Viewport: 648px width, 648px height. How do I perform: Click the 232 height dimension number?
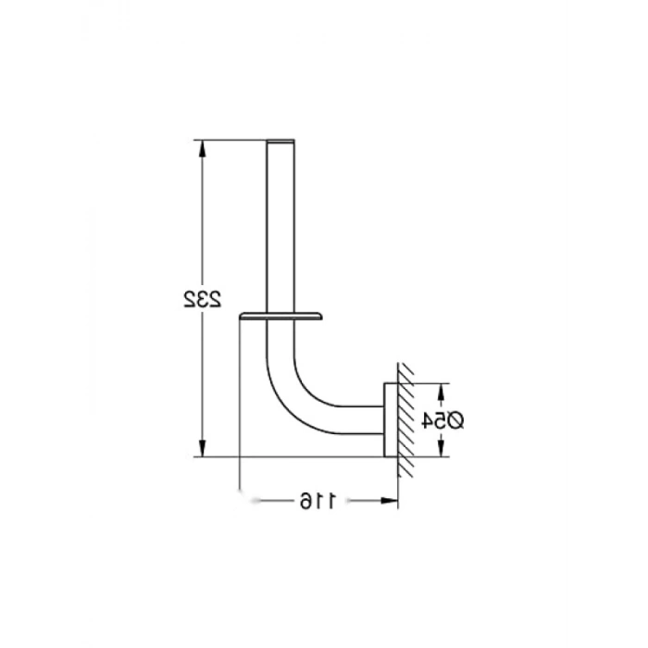203,299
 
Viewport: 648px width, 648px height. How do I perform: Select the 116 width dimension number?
318,501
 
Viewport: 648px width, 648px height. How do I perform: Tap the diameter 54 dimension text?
442,420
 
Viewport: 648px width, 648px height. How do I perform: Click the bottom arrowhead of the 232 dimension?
202,448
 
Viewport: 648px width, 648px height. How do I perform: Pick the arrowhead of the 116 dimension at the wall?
389,501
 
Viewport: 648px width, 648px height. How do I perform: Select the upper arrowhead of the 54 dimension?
441,392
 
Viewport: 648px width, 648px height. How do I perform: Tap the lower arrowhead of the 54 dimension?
441,448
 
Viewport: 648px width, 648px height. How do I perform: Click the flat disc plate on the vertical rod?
281,317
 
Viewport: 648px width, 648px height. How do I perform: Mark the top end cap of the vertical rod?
280,142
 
